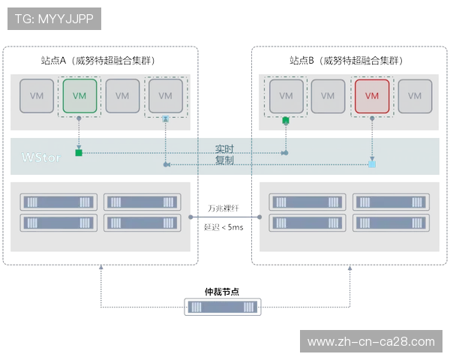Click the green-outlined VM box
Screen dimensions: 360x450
point(80,96)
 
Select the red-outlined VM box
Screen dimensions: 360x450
point(372,96)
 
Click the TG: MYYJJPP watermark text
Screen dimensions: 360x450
point(54,19)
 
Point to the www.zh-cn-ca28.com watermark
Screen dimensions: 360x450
point(370,342)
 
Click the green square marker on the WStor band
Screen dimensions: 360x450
point(79,154)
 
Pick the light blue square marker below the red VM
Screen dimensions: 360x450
point(372,163)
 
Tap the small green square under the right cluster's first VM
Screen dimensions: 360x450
point(285,120)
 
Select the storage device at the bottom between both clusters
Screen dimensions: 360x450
point(222,307)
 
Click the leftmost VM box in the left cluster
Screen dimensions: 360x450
point(37,96)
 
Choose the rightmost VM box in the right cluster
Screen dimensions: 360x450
point(415,96)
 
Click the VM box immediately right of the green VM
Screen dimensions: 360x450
point(123,96)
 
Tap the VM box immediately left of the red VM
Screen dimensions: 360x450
point(328,96)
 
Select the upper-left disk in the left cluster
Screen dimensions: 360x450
point(58,202)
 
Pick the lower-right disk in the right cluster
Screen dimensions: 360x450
point(391,223)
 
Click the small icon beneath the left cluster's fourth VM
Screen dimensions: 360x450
point(165,118)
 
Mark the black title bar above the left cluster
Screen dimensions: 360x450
point(96,60)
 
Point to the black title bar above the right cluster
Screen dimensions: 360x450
point(347,60)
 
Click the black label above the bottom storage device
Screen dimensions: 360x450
point(222,289)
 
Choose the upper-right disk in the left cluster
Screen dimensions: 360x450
point(142,202)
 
